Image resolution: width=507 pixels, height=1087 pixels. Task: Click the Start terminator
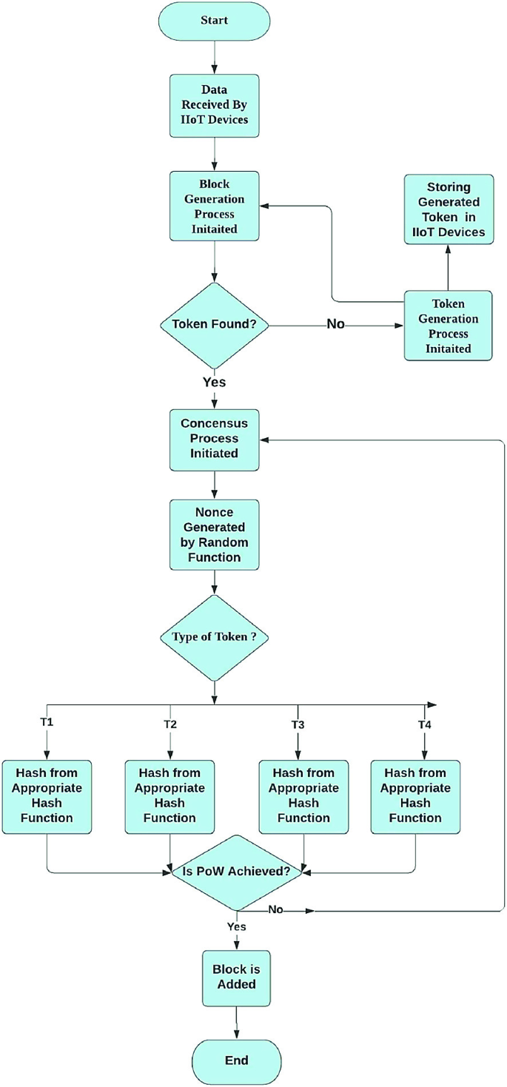tap(214, 21)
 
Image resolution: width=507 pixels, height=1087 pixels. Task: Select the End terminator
tap(236, 1060)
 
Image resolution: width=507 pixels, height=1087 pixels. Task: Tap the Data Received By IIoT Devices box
tap(214, 105)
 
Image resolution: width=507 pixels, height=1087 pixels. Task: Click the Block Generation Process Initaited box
tap(214, 206)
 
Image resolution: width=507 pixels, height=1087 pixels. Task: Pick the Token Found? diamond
tap(214, 324)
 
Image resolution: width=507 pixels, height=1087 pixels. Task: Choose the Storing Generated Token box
tap(449, 210)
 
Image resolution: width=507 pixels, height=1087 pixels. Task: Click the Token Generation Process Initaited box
tap(449, 325)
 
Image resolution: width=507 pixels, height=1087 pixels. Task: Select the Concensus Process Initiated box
tap(214, 439)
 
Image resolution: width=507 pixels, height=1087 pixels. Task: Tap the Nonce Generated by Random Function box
tap(214, 534)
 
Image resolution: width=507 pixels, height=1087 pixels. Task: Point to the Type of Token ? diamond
tap(214, 636)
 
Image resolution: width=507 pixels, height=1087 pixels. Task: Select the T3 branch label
tap(298, 724)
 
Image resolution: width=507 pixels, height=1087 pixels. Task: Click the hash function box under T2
tap(169, 796)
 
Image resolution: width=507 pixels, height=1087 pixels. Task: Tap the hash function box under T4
tap(415, 796)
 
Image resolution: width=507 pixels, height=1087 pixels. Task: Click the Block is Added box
tap(236, 977)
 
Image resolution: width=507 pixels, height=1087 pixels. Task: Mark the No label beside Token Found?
tap(335, 324)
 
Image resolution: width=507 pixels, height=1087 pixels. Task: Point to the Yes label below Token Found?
tap(214, 383)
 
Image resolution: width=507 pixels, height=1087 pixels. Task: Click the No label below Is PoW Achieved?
tap(275, 910)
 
